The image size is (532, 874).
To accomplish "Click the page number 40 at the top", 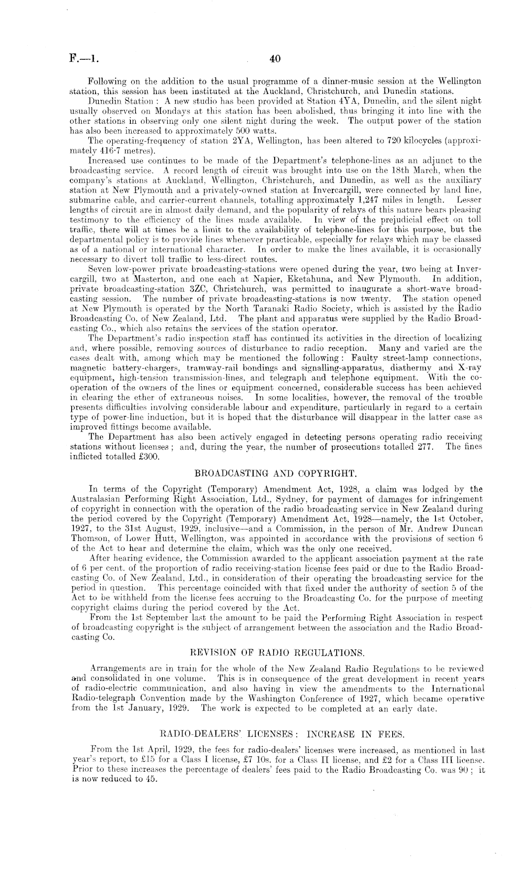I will point(274,59).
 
